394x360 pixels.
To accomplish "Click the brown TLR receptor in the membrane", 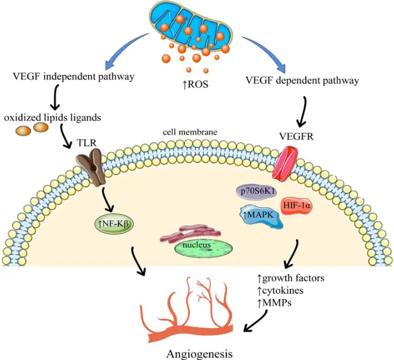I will coord(94,167).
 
